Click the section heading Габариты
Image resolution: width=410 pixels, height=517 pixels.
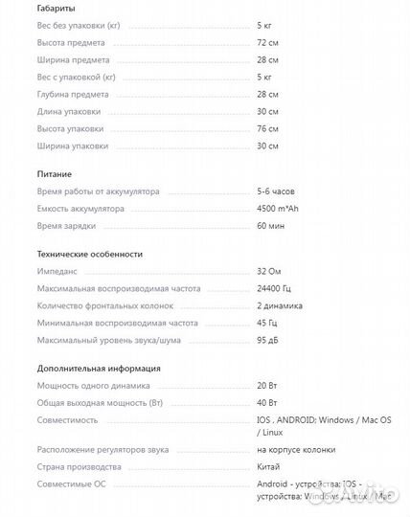point(57,8)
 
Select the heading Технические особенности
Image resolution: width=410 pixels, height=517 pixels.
point(90,254)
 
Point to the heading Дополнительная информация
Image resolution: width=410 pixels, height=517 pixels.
point(99,368)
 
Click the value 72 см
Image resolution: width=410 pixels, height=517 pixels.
point(268,42)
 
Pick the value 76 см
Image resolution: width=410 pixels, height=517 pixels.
point(268,128)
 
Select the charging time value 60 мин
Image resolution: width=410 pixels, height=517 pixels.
point(270,225)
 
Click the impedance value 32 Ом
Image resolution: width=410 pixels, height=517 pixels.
point(270,272)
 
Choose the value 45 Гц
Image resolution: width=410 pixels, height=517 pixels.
point(267,323)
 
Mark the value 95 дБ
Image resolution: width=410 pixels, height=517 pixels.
point(268,340)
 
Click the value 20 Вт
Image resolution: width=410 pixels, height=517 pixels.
point(267,386)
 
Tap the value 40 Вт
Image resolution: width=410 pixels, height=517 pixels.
point(267,403)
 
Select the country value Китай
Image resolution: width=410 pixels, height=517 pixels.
point(269,466)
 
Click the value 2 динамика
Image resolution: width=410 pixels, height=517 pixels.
point(280,305)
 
